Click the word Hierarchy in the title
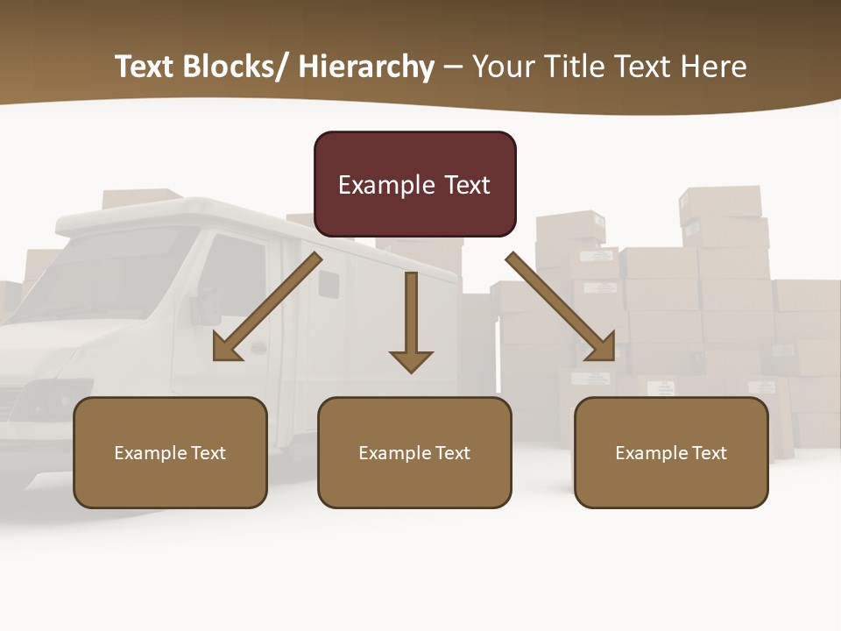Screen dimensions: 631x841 (x=366, y=67)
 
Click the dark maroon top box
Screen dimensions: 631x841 (x=414, y=184)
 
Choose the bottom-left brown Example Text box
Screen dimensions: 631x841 (x=170, y=452)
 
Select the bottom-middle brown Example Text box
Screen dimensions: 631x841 (x=414, y=452)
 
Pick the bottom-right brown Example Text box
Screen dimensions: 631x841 (x=671, y=452)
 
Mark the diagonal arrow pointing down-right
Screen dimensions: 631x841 (x=561, y=307)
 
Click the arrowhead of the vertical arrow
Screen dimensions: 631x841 (x=411, y=361)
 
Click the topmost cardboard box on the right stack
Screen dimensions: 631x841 (x=720, y=202)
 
